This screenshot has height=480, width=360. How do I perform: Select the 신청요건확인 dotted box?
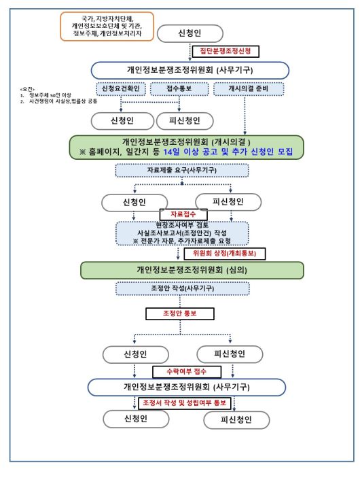pyautogui.click(x=122, y=89)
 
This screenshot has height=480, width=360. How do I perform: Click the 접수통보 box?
pyautogui.click(x=180, y=89)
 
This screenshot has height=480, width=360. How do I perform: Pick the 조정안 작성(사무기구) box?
pyautogui.click(x=180, y=289)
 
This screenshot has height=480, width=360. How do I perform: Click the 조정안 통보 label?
pyautogui.click(x=180, y=314)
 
